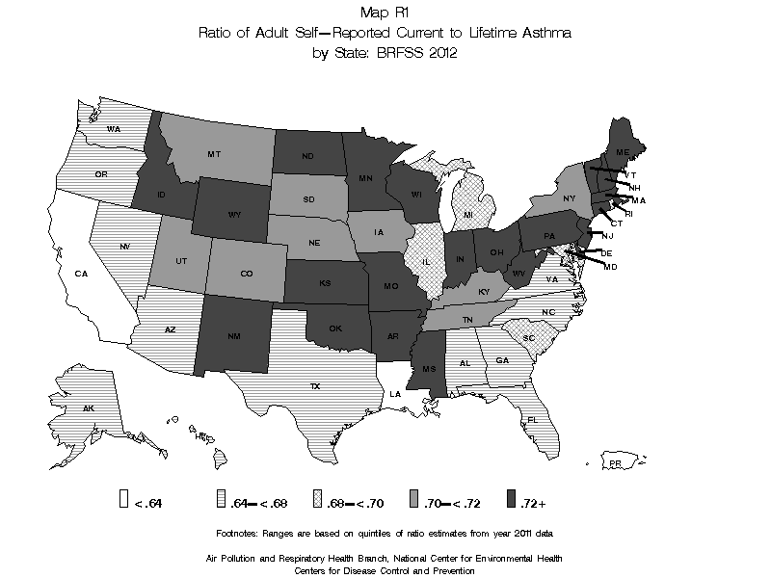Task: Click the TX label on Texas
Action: pyautogui.click(x=314, y=385)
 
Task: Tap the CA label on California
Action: pyautogui.click(x=82, y=274)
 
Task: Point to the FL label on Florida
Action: pyautogui.click(x=532, y=420)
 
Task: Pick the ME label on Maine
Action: pyautogui.click(x=624, y=153)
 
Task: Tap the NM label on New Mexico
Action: pyautogui.click(x=232, y=336)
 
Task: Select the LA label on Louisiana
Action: pyautogui.click(x=395, y=393)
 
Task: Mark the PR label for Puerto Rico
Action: pyautogui.click(x=614, y=464)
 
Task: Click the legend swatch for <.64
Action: pyautogui.click(x=122, y=498)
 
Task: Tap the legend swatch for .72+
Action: pyautogui.click(x=511, y=498)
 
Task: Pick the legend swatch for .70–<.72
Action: pyautogui.click(x=412, y=498)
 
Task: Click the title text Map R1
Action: pyautogui.click(x=385, y=13)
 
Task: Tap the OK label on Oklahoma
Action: pyautogui.click(x=335, y=328)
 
